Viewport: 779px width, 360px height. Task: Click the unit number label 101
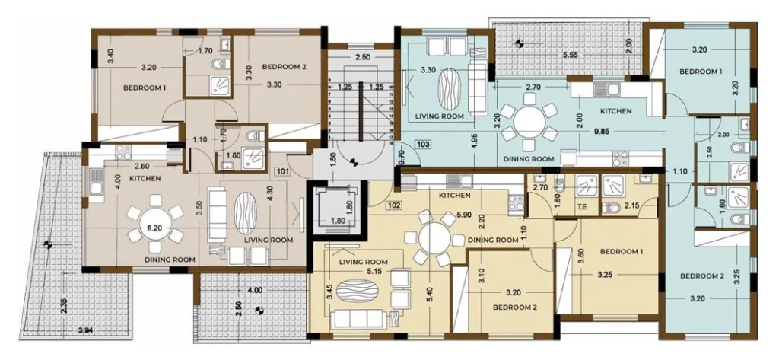point(282,173)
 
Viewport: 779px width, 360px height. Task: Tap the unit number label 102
point(393,205)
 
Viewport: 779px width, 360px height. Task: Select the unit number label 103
point(423,145)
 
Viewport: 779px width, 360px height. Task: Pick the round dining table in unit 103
point(529,123)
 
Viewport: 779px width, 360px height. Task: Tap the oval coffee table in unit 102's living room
point(357,291)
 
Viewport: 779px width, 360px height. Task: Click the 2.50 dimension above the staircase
point(363,57)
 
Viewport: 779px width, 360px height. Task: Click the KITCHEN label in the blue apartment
point(615,111)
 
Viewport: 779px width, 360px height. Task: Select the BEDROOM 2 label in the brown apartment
point(281,67)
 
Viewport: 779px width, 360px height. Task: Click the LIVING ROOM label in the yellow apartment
point(363,262)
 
